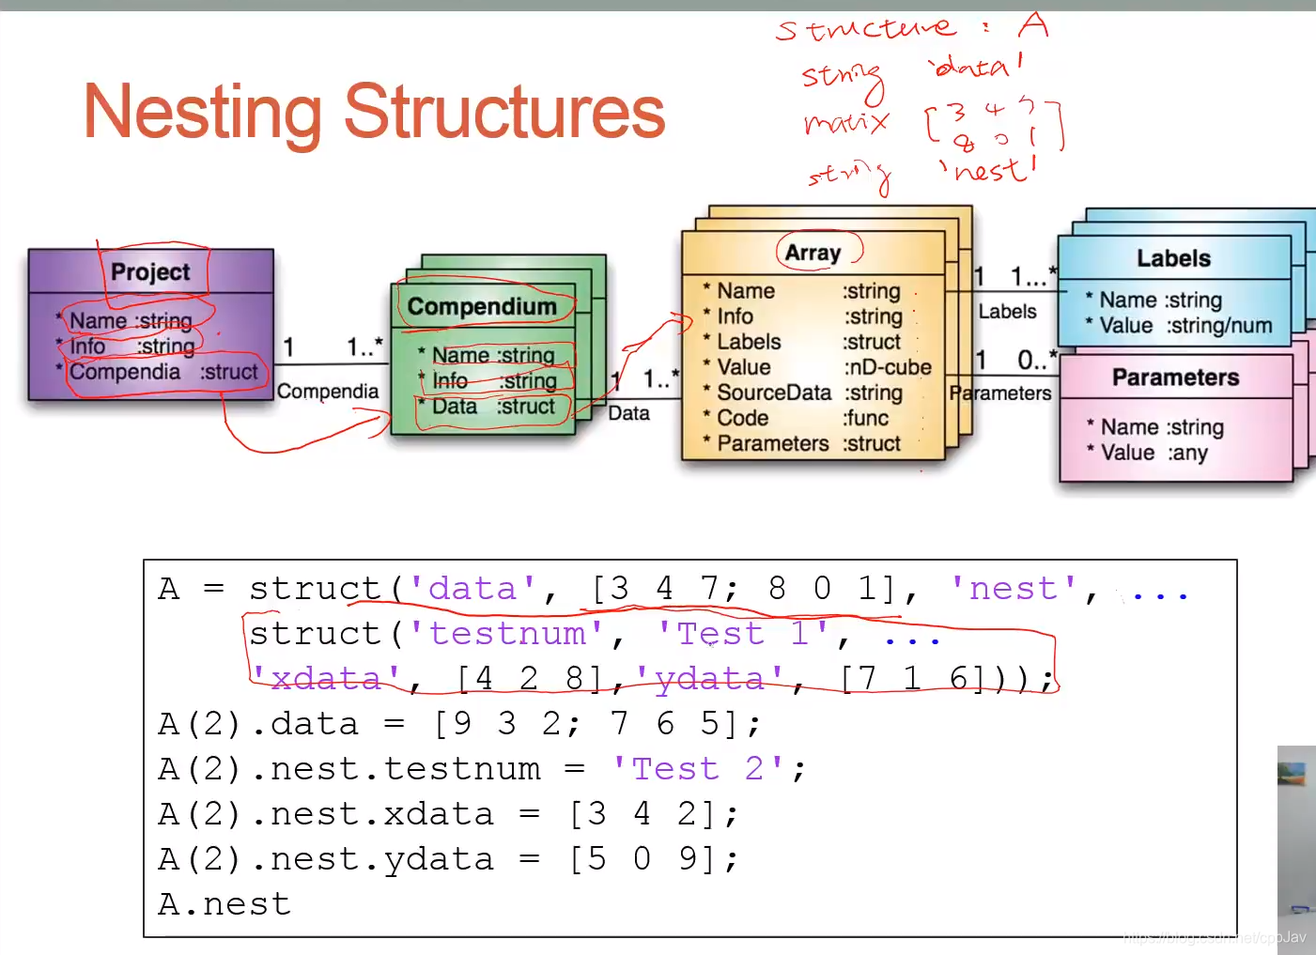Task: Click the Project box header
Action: coord(150,272)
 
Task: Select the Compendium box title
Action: coord(482,307)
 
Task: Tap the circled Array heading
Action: coord(813,253)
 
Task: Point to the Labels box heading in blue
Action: coord(1173,258)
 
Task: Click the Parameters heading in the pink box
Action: coord(1175,377)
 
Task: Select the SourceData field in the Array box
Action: coord(773,393)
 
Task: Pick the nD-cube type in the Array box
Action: coord(888,367)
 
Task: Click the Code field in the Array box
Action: coord(742,418)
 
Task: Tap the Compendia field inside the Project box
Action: coord(125,372)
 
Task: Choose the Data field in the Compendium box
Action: coord(455,407)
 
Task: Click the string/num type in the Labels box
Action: coord(1219,326)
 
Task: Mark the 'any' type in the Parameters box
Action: coord(1188,453)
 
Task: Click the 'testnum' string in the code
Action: coord(506,634)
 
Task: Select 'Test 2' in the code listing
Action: coord(701,769)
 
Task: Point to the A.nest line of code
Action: coord(224,904)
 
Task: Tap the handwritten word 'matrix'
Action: coord(845,123)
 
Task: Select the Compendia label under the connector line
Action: coord(328,392)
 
